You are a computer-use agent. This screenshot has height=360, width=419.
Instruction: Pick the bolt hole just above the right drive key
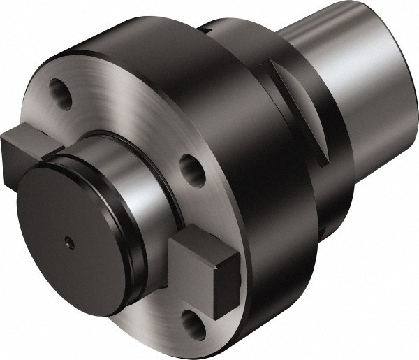(x=189, y=168)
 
